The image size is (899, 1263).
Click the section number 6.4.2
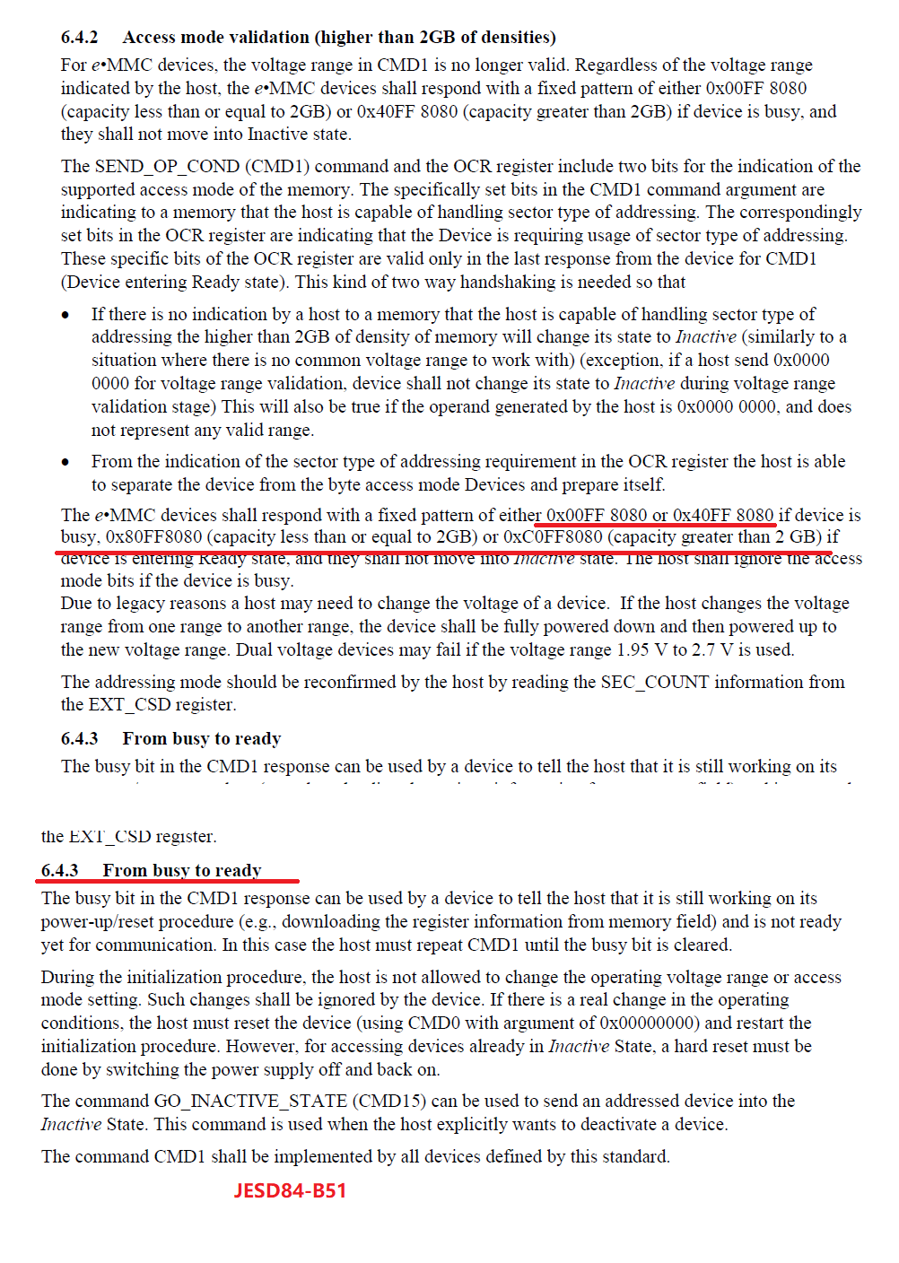coord(79,38)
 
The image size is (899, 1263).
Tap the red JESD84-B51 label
coord(290,1191)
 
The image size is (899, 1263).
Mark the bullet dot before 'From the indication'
coord(65,463)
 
